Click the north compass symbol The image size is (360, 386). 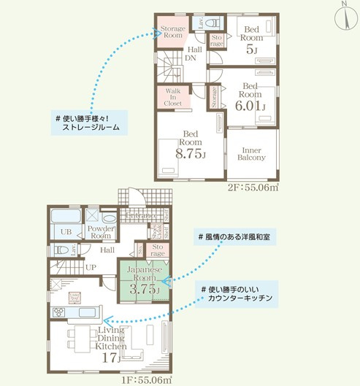tap(344, 16)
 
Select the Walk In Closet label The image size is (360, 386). tap(173, 98)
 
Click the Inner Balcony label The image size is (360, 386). tap(252, 153)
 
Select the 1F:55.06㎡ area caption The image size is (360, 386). tap(146, 379)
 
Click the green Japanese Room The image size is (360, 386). tap(142, 280)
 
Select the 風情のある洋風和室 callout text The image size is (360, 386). tap(237, 238)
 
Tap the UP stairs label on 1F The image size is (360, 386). tap(91, 267)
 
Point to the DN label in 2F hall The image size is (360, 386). tap(190, 58)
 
